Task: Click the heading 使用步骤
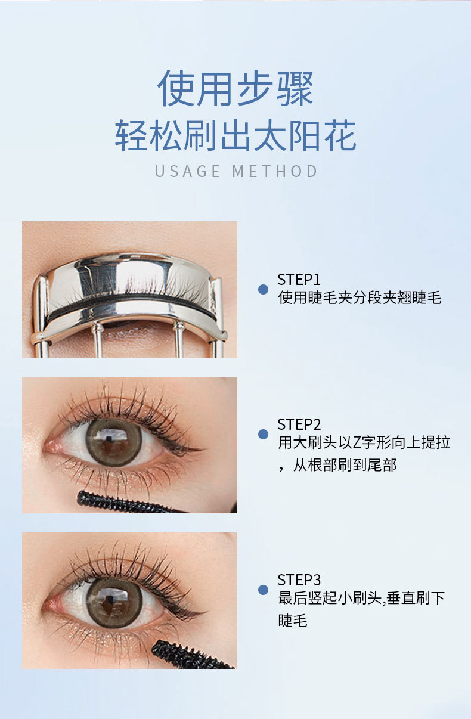(235, 88)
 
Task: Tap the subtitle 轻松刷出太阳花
(235, 135)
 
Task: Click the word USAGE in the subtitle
(188, 171)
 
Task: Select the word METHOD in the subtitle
(275, 171)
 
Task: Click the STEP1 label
(299, 280)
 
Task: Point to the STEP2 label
(299, 424)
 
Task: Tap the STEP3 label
(299, 579)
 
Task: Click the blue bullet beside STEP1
(264, 290)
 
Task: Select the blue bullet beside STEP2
(264, 434)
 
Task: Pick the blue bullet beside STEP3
(264, 590)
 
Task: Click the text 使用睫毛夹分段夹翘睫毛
(360, 297)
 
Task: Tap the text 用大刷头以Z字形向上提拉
(364, 442)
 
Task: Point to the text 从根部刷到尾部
(345, 465)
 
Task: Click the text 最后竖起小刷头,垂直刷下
(361, 597)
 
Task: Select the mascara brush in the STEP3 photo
(192, 655)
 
